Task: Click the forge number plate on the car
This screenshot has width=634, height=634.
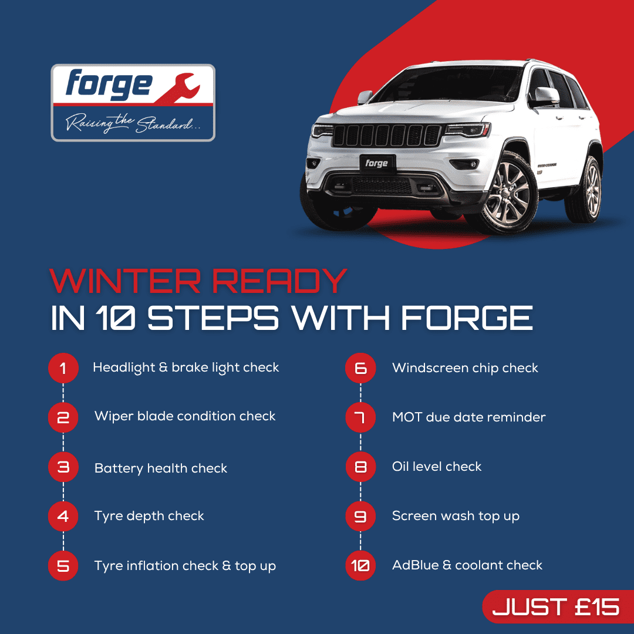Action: tap(377, 163)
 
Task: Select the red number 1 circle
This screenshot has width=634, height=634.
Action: tap(63, 368)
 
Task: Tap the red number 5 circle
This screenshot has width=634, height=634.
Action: tap(63, 566)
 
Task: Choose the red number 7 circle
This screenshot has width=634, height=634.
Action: tap(360, 417)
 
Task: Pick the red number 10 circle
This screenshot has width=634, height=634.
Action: tap(360, 566)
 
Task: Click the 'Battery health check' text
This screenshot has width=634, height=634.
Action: tap(160, 468)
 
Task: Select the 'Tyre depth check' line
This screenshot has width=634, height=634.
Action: tap(149, 517)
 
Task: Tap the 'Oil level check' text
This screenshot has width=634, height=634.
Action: tap(437, 467)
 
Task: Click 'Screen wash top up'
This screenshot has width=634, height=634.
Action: tap(456, 517)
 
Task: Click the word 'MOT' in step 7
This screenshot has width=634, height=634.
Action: tap(407, 417)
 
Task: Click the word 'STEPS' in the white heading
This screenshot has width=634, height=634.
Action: tap(213, 318)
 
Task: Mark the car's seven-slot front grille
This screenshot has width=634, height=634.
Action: tap(387, 135)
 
